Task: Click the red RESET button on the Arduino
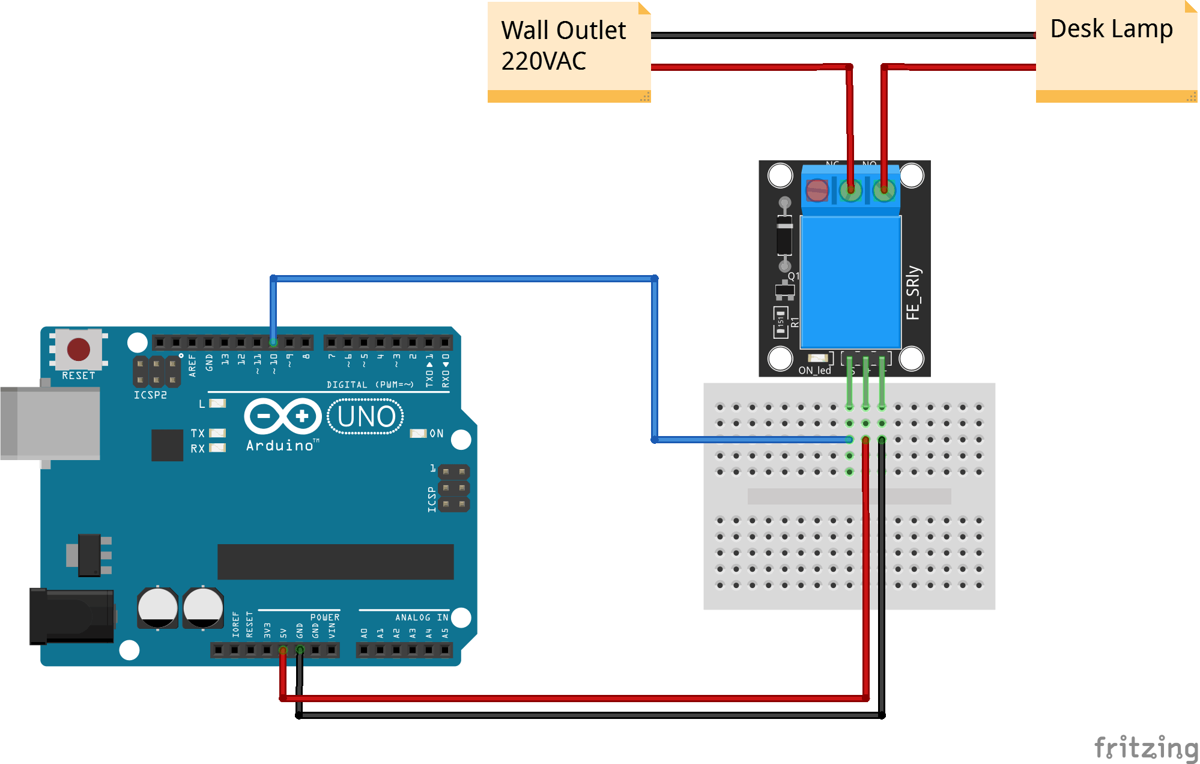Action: pyautogui.click(x=79, y=349)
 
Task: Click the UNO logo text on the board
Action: pyautogui.click(x=366, y=416)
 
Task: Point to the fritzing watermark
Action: pyautogui.click(x=1145, y=748)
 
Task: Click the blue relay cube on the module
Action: pyautogui.click(x=850, y=281)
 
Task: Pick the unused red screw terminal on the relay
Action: pyautogui.click(x=817, y=191)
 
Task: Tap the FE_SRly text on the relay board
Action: pyautogui.click(x=913, y=293)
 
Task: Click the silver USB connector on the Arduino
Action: pyautogui.click(x=51, y=423)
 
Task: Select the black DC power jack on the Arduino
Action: pyautogui.click(x=72, y=616)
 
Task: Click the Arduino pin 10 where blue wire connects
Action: pyautogui.click(x=273, y=342)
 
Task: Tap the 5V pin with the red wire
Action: pyautogui.click(x=283, y=650)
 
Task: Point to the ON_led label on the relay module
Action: pyautogui.click(x=814, y=370)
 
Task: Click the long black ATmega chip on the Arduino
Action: pyautogui.click(x=335, y=562)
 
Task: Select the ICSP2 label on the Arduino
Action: pyautogui.click(x=150, y=395)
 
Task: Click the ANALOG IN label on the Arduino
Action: pyautogui.click(x=421, y=617)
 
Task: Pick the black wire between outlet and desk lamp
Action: pyautogui.click(x=841, y=35)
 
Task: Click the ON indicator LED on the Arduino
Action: pyautogui.click(x=418, y=433)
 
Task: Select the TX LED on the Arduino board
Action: pyautogui.click(x=217, y=432)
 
